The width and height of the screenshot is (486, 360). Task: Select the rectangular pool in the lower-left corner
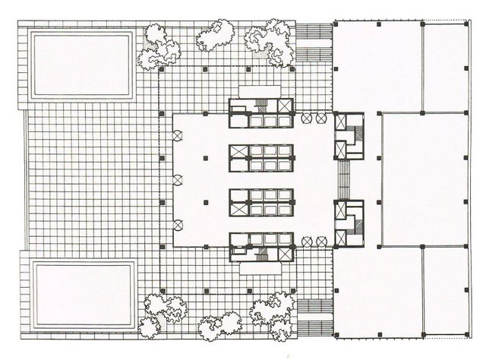click(83, 294)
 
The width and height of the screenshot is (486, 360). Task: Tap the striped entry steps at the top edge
click(313, 42)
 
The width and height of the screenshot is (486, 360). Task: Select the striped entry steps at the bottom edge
click(313, 318)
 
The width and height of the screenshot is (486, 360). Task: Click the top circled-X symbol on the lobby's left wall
click(178, 135)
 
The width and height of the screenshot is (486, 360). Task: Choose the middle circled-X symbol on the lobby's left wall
click(178, 180)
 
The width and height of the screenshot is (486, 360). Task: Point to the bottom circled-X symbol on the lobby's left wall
click(178, 224)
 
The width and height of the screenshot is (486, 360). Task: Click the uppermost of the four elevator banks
click(262, 114)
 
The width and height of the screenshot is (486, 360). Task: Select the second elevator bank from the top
click(262, 157)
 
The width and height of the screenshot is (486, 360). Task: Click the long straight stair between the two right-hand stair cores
click(343, 180)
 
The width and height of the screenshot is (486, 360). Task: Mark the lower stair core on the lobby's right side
click(349, 224)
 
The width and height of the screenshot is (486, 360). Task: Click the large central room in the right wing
click(422, 179)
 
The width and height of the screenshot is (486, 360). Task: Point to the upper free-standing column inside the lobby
click(206, 157)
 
